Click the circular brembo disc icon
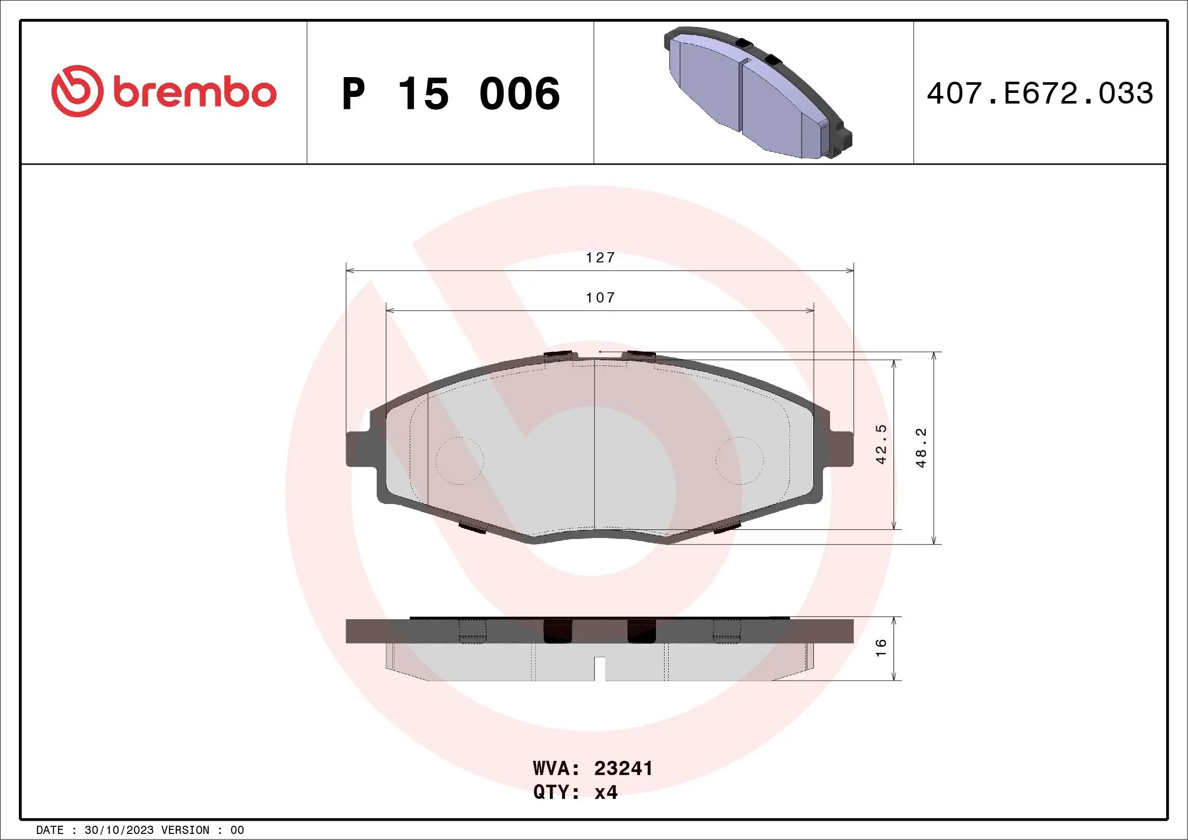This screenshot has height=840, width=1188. pyautogui.click(x=77, y=91)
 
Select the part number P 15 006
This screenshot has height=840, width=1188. pyautogui.click(x=450, y=93)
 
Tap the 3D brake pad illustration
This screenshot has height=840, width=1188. pyautogui.click(x=757, y=93)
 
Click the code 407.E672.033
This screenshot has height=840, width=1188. pyautogui.click(x=1040, y=93)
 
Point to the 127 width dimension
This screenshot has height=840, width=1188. pyautogui.click(x=600, y=258)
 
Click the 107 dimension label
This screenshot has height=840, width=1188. pyautogui.click(x=600, y=298)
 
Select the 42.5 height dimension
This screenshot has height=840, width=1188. pyautogui.click(x=881, y=444)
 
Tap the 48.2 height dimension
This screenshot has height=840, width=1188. pyautogui.click(x=921, y=448)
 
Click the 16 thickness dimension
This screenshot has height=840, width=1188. pyautogui.click(x=881, y=648)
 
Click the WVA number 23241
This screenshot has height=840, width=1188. pyautogui.click(x=623, y=768)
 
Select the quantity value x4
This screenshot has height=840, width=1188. pyautogui.click(x=606, y=792)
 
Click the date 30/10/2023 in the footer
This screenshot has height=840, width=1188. pyautogui.click(x=118, y=830)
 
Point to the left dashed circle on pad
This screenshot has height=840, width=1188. pyautogui.click(x=459, y=460)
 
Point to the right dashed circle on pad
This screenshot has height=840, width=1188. pyautogui.click(x=739, y=460)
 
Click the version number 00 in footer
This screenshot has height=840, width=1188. pyautogui.click(x=237, y=830)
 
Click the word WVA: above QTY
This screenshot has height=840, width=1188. pyautogui.click(x=556, y=768)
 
